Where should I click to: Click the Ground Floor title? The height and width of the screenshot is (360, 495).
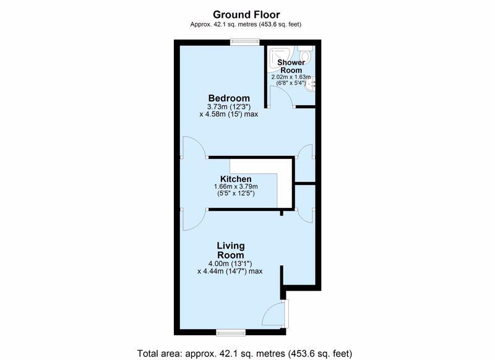click(246, 14)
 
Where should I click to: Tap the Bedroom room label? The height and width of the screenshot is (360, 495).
click(229, 98)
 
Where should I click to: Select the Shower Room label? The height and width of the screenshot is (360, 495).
click(291, 66)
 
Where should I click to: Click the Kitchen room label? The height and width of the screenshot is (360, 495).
click(236, 179)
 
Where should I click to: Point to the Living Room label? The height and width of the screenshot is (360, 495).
click(231, 250)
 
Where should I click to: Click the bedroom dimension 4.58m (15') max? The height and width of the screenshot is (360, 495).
click(228, 114)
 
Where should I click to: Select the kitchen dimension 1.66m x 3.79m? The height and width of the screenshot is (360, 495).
click(236, 186)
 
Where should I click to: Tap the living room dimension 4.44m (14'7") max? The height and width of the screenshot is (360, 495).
click(230, 271)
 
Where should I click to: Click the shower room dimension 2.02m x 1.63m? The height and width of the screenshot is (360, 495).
click(291, 77)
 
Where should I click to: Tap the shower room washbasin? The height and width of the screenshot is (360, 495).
click(311, 85)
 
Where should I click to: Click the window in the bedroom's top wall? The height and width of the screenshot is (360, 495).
click(244, 42)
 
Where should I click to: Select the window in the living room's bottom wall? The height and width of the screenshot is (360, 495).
click(231, 332)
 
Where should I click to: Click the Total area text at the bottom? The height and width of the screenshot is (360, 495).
click(244, 353)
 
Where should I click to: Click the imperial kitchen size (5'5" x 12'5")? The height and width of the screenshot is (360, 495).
click(236, 193)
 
